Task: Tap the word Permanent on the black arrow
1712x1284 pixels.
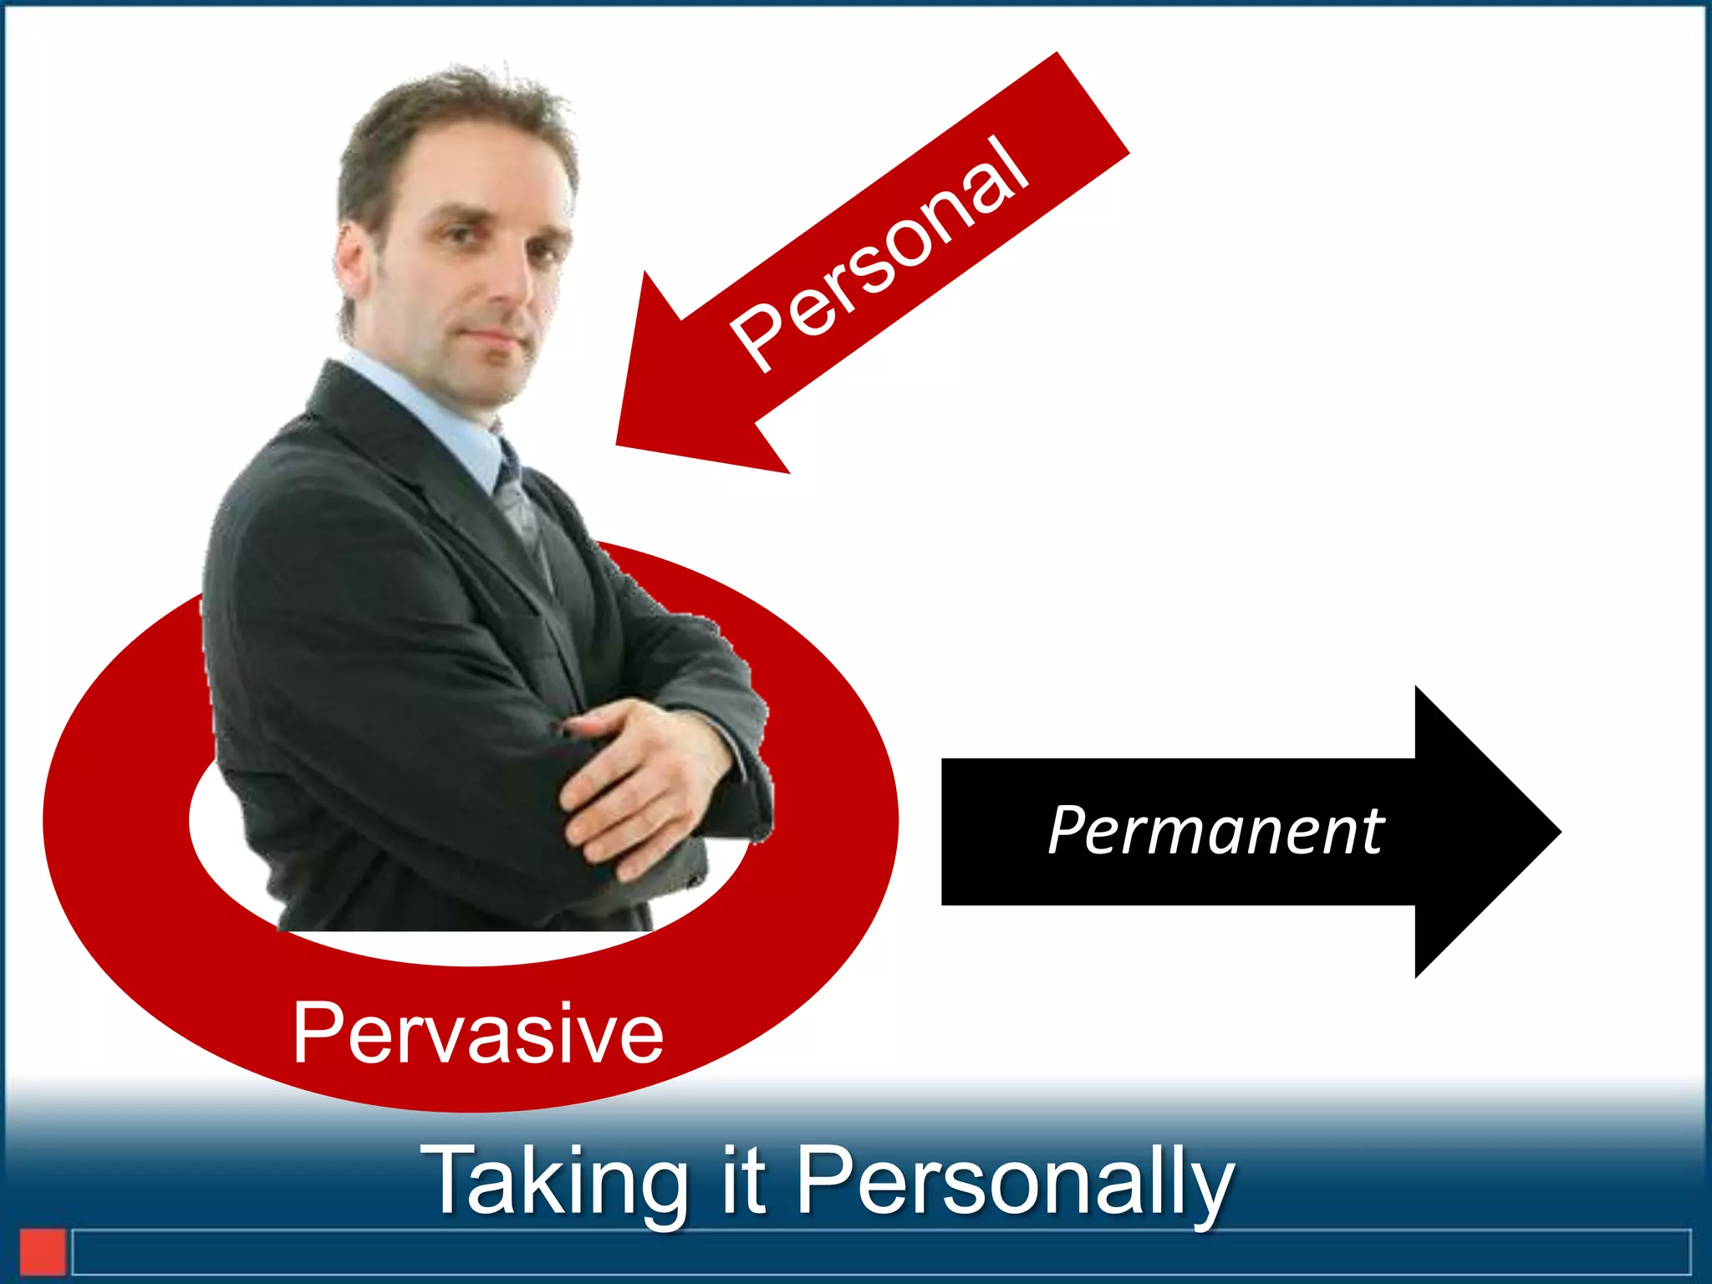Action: tap(1216, 831)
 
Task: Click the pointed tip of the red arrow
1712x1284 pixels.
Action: tap(620, 443)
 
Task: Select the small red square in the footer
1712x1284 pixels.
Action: tap(43, 1251)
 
